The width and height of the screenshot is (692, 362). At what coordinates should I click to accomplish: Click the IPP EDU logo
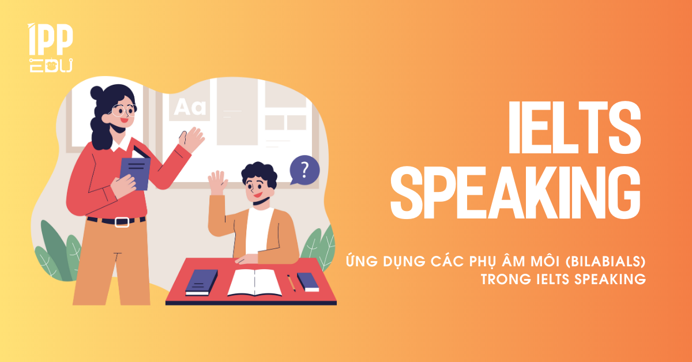tap(51, 48)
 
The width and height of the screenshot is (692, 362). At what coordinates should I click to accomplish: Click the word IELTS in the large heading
tap(574, 127)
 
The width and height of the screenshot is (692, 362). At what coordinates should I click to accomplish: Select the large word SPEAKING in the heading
tap(516, 192)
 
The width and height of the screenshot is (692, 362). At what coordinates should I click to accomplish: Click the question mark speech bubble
tap(304, 170)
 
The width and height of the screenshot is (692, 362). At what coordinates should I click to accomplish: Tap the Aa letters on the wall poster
tap(190, 107)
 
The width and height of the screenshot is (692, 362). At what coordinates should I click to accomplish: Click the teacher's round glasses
tap(123, 110)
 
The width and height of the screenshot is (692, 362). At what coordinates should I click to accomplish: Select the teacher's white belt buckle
tap(122, 222)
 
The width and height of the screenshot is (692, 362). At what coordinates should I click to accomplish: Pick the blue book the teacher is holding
tap(136, 173)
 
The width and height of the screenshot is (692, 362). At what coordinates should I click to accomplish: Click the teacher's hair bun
tap(97, 93)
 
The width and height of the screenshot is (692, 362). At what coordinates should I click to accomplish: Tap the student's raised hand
tap(218, 183)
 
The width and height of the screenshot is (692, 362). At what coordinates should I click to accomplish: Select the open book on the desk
tap(254, 282)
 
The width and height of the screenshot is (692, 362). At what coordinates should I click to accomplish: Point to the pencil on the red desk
tap(291, 282)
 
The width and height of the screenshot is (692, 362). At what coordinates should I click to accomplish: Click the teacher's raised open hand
tap(192, 139)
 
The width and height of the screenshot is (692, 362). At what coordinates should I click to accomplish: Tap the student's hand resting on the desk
tap(247, 259)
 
